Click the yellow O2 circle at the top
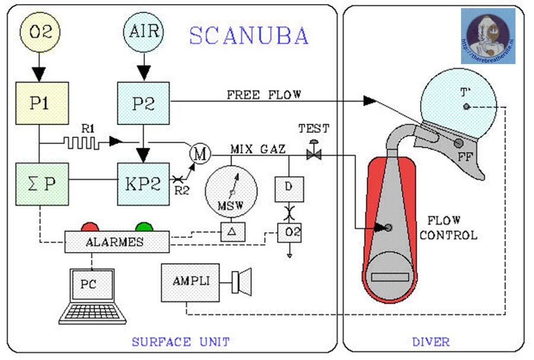tap(40, 31)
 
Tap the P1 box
tap(40, 103)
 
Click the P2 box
tap(143, 103)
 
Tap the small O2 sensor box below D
tap(289, 231)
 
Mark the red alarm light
tap(90, 227)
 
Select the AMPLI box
tap(190, 282)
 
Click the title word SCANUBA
tap(249, 36)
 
